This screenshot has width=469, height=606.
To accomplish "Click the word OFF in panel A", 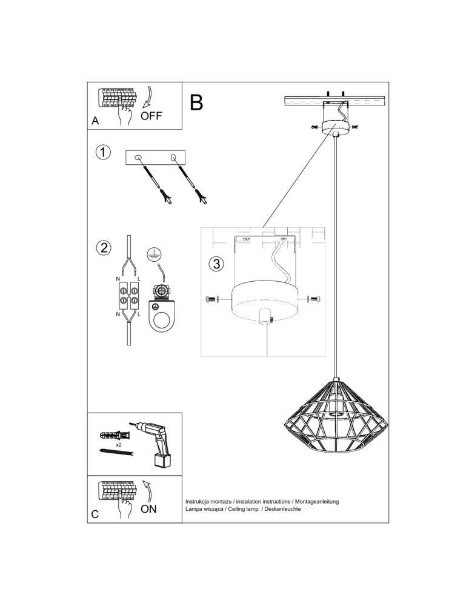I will point(151,116).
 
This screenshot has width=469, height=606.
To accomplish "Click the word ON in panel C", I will point(148,509).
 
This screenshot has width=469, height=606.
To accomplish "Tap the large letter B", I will point(196,103).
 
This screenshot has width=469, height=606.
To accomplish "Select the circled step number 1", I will point(104,152).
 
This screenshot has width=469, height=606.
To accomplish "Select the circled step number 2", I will point(104,248).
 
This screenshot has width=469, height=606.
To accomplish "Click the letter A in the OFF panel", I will point(95,121).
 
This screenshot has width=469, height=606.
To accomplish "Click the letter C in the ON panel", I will point(95,514).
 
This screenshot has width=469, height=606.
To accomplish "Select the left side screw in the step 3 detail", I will point(212,299).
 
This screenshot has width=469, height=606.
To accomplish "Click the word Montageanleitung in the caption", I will point(316,502).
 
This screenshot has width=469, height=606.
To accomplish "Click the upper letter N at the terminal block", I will point(118,278).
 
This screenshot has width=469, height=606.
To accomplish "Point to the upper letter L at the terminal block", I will point(139,278).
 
